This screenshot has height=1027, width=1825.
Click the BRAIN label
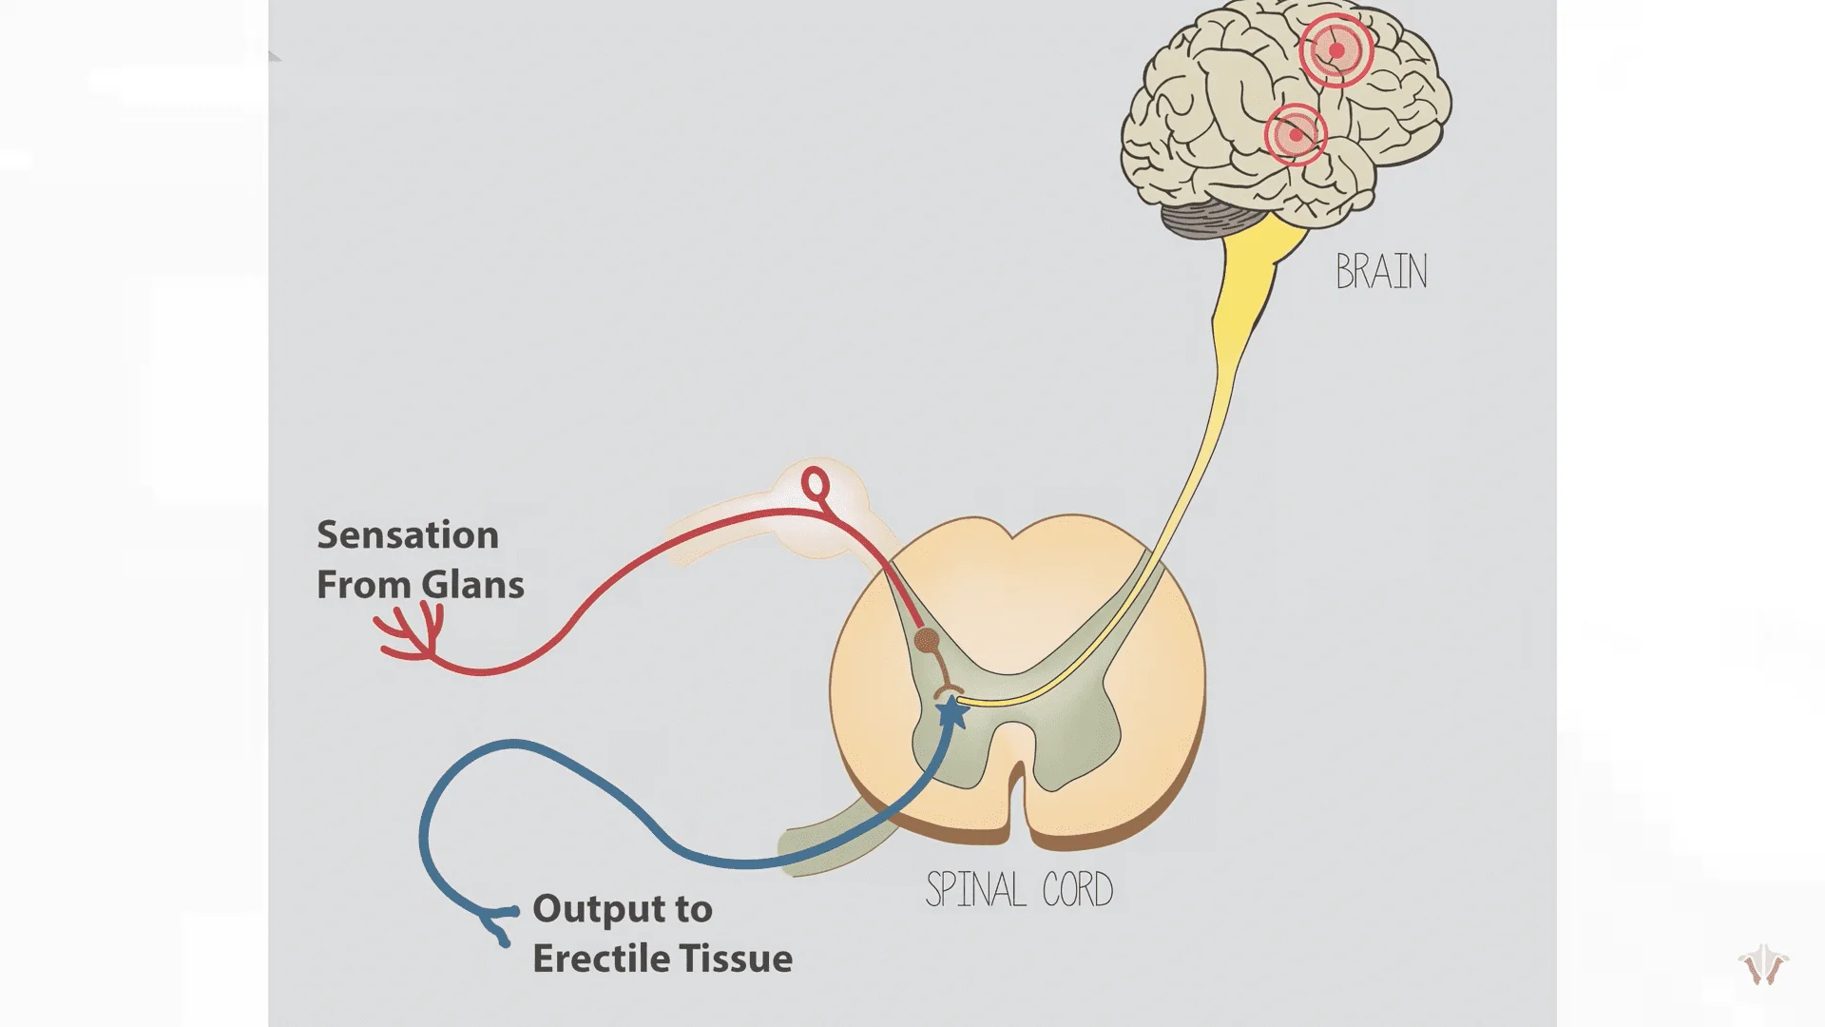tap(1381, 272)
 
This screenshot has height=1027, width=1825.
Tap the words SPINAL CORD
tap(1019, 890)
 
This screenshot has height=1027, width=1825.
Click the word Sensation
tap(408, 535)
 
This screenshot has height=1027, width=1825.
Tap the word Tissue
tap(742, 959)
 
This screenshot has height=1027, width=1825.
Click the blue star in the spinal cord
tap(951, 711)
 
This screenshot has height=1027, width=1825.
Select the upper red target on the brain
tap(1335, 50)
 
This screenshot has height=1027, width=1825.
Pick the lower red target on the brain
tap(1296, 135)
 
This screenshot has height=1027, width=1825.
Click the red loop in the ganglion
tap(816, 485)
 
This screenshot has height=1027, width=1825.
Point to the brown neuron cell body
tap(927, 641)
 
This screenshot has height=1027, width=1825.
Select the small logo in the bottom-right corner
tap(1763, 966)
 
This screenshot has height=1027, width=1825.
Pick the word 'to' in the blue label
tap(693, 909)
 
